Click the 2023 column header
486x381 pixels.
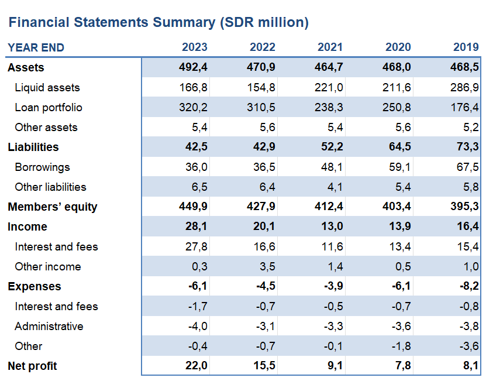tap(194, 47)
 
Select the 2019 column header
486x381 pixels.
tap(466, 47)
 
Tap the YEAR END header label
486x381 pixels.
tap(36, 47)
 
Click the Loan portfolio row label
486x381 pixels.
tap(49, 108)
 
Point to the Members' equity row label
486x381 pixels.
tap(53, 207)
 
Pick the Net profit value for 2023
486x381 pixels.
tap(196, 366)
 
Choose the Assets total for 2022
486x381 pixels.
tap(263, 68)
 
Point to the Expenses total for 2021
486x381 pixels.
tap(332, 287)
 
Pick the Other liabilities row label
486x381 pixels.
tap(50, 187)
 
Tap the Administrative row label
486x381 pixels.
tap(49, 327)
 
